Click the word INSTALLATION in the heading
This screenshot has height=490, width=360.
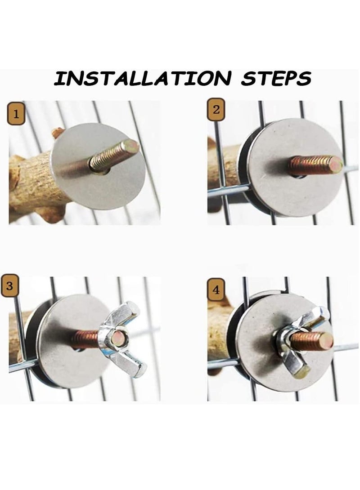(142, 78)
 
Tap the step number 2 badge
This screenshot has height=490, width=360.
(216, 110)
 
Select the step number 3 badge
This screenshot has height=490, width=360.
(9, 285)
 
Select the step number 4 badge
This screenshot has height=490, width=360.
(216, 290)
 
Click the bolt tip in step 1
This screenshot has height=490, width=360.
(131, 145)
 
